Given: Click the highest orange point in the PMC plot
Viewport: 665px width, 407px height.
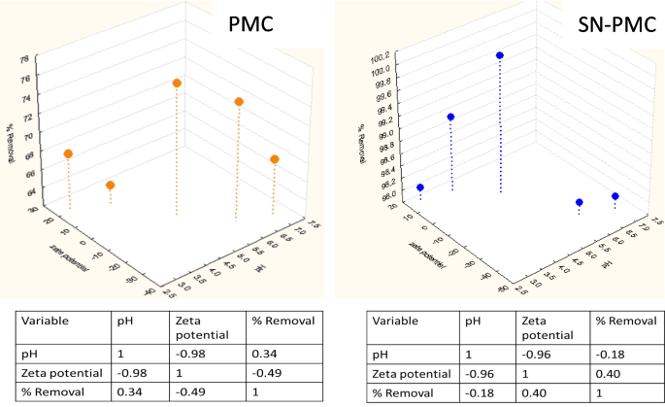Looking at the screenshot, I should (178, 84).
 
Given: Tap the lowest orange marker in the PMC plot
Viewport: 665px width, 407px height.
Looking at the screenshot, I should (111, 186).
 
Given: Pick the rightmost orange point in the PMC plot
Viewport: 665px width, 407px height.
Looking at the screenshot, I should (276, 159).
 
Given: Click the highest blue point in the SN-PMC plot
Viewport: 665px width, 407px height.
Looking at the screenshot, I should (500, 56).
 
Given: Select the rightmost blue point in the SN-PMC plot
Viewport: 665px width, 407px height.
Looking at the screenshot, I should (615, 197).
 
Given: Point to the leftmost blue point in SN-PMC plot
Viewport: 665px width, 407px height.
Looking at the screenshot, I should (420, 188).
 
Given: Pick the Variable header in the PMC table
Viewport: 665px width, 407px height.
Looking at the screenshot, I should (45, 319).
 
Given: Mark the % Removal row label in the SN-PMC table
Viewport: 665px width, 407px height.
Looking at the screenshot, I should (402, 393).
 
